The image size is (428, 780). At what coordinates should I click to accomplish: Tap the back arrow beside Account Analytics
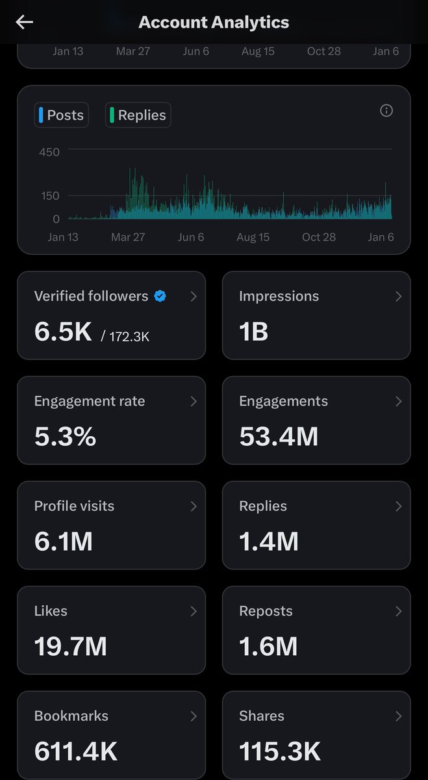click(25, 22)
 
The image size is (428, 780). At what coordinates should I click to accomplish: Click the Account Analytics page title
click(214, 22)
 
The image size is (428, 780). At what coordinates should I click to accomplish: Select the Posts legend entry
click(61, 115)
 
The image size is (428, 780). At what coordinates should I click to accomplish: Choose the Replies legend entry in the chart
click(138, 115)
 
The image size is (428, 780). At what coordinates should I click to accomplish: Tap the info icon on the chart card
click(386, 110)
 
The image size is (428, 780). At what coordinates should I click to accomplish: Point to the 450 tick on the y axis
click(49, 152)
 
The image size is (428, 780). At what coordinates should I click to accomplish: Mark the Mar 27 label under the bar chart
click(128, 237)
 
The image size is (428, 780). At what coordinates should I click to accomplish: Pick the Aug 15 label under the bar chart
click(253, 237)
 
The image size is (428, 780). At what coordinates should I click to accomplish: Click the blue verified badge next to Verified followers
click(160, 296)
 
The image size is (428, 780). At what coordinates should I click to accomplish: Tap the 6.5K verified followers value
click(63, 331)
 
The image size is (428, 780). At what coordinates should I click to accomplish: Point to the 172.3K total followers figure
click(130, 336)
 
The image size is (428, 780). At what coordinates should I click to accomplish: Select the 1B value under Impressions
click(253, 331)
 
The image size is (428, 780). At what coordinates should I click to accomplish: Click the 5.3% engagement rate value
click(65, 437)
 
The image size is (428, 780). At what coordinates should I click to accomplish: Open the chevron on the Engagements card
click(399, 402)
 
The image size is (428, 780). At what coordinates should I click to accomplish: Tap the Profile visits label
click(74, 506)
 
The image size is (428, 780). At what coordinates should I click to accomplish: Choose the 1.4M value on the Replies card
click(268, 541)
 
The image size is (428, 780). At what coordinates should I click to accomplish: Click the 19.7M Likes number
click(70, 647)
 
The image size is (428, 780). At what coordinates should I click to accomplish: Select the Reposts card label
click(266, 611)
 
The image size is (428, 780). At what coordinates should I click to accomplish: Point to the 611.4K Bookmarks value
click(75, 751)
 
